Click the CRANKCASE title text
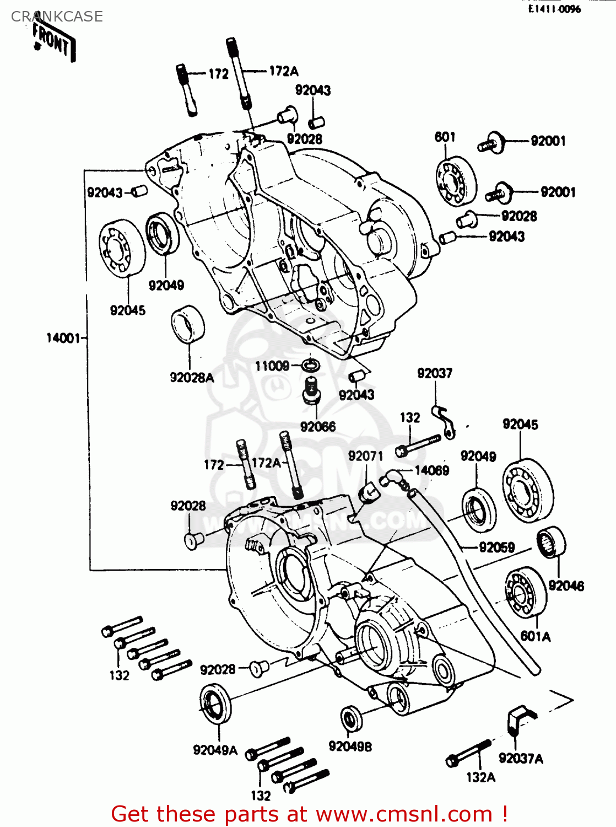tap(57, 17)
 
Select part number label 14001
tap(63, 338)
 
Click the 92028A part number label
tap(191, 378)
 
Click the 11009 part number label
tap(272, 366)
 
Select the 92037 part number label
tap(435, 374)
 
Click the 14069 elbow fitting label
tap(431, 470)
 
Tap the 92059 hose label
tap(496, 547)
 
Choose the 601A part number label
tap(536, 636)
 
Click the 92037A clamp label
tap(521, 759)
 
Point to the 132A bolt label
tap(480, 777)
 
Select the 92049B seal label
tap(350, 747)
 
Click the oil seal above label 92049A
tap(214, 704)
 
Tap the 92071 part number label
tap(365, 456)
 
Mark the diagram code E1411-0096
tap(554, 9)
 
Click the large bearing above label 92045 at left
tap(122, 246)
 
